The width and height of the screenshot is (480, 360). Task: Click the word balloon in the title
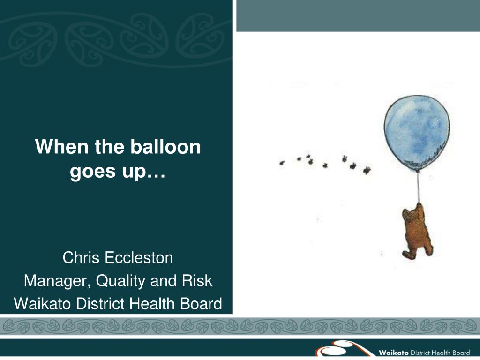165,147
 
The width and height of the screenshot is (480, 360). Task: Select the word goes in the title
93,172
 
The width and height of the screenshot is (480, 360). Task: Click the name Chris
81,258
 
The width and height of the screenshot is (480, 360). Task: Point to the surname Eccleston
139,258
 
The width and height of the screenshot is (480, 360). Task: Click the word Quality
120,281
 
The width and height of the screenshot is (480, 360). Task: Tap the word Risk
197,281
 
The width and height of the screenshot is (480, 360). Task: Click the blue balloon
417,133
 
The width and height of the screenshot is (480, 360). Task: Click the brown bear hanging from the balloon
417,232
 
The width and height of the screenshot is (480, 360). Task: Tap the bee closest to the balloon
367,170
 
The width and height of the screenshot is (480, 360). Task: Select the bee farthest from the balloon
282,163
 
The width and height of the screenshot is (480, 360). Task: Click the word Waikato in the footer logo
394,352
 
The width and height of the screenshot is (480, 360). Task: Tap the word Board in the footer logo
461,352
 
